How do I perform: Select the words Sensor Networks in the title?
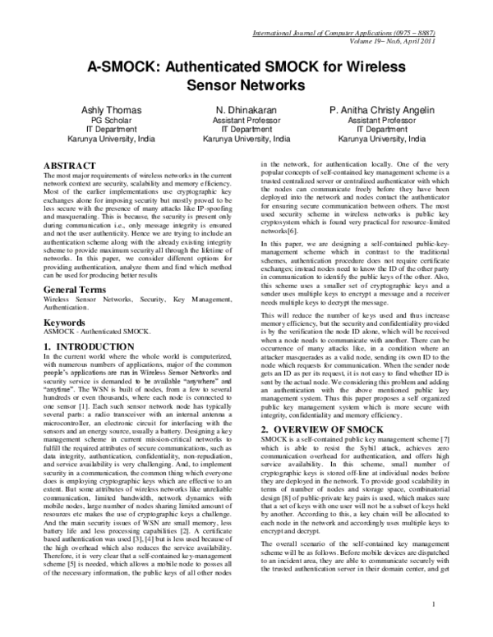click(x=246, y=85)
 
